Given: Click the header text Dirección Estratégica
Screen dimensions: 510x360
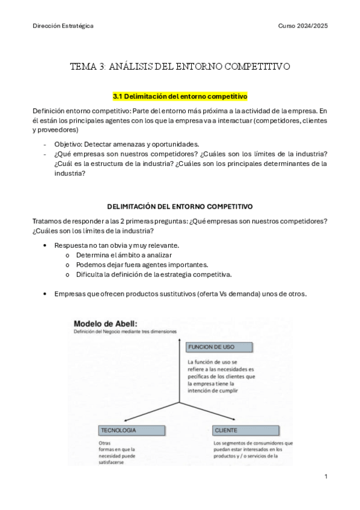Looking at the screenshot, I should coord(63,26).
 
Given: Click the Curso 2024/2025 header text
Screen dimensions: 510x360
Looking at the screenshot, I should coord(303,26).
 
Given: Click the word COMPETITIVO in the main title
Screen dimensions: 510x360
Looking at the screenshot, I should coord(254,66).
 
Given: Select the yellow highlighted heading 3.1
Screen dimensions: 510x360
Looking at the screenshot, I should coord(180,96).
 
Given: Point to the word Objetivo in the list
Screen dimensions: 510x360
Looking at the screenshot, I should coord(67,144).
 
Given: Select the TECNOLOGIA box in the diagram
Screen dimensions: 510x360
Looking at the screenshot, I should coord(119,431).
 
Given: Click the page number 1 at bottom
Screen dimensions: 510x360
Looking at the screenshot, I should coord(325,476).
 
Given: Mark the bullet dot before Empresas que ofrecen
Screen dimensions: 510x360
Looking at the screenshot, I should coord(46,294).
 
